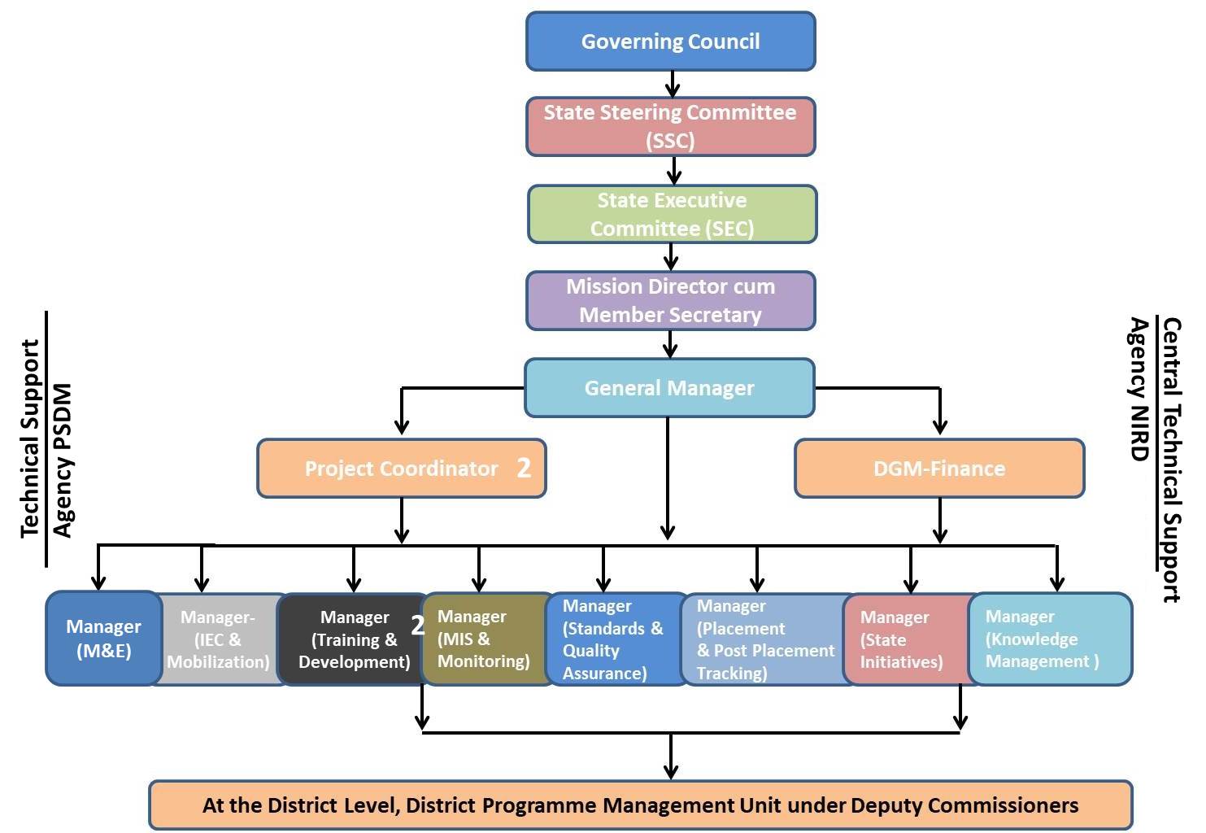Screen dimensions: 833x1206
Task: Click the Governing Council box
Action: (670, 41)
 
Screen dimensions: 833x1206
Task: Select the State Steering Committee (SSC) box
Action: (670, 126)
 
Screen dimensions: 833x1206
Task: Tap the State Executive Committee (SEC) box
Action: (672, 214)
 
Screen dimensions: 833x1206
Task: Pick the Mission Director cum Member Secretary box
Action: (670, 300)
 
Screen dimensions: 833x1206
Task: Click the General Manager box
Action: (669, 388)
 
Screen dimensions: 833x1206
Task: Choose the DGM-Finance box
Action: (939, 469)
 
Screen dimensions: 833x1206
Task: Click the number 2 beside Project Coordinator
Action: (524, 468)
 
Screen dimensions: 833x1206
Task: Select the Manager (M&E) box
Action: (103, 639)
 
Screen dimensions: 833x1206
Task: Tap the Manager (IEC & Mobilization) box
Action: (218, 639)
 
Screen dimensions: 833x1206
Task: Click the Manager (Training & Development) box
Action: (354, 639)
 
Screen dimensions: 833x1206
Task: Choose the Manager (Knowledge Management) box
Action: (1049, 639)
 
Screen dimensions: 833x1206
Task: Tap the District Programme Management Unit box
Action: (640, 805)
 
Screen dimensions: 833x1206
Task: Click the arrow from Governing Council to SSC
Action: (673, 84)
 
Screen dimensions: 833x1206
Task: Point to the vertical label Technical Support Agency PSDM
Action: (46, 439)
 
